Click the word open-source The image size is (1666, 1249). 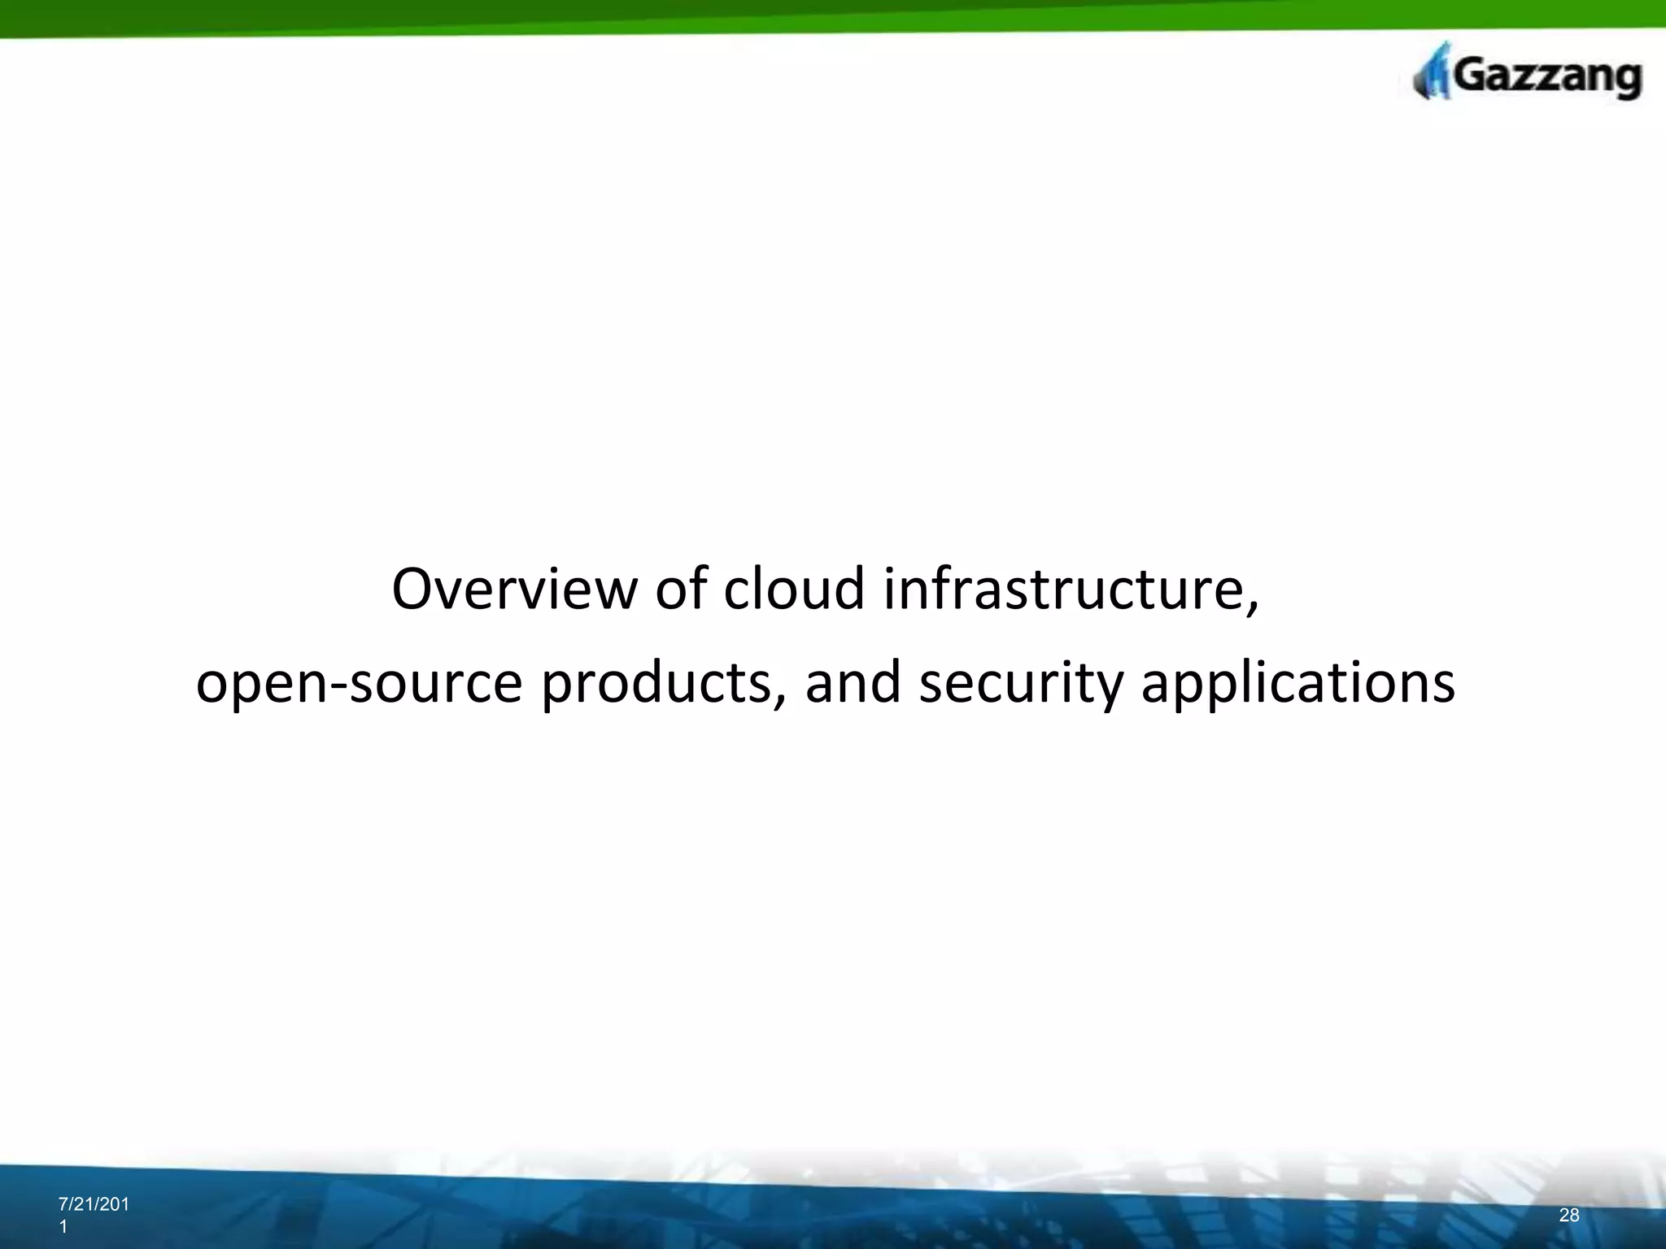point(359,683)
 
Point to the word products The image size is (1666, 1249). point(656,683)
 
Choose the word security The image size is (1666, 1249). point(1020,683)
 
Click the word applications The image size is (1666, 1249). point(1297,683)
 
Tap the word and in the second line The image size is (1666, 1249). point(853,683)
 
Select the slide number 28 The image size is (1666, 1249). point(1569,1216)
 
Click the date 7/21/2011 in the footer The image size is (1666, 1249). point(94,1205)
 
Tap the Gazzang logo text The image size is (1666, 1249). point(1546,78)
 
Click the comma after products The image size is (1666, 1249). point(780,699)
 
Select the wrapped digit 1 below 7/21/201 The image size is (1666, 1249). point(63,1227)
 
